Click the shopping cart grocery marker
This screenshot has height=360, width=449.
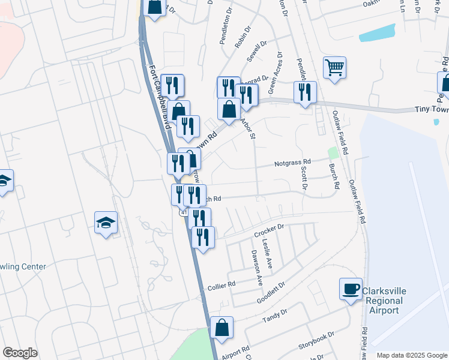pos(334,67)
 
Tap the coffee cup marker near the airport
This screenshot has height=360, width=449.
pos(351,289)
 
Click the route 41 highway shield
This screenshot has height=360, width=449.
pos(182,213)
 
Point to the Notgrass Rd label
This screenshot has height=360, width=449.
pos(293,162)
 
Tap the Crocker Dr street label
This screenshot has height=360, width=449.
pos(272,230)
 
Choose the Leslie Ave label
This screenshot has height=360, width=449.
pos(267,258)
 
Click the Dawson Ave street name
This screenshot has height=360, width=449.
pos(256,268)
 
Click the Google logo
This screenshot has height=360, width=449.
pos(20,353)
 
